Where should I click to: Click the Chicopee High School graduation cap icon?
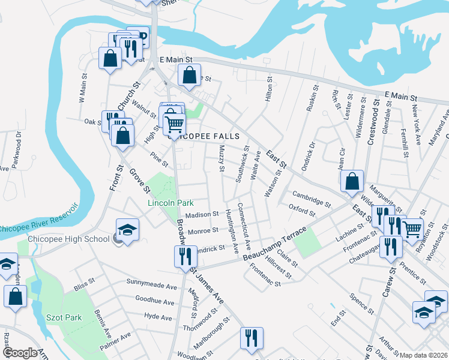tap(127, 230)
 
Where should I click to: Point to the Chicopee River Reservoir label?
tap(39, 219)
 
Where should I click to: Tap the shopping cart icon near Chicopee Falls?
tap(174, 124)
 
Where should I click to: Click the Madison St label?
tap(202, 215)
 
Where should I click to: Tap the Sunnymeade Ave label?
tap(153, 281)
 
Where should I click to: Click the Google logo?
tap(20, 353)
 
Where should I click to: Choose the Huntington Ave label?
tap(231, 230)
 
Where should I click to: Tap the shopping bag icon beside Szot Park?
tap(15, 296)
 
